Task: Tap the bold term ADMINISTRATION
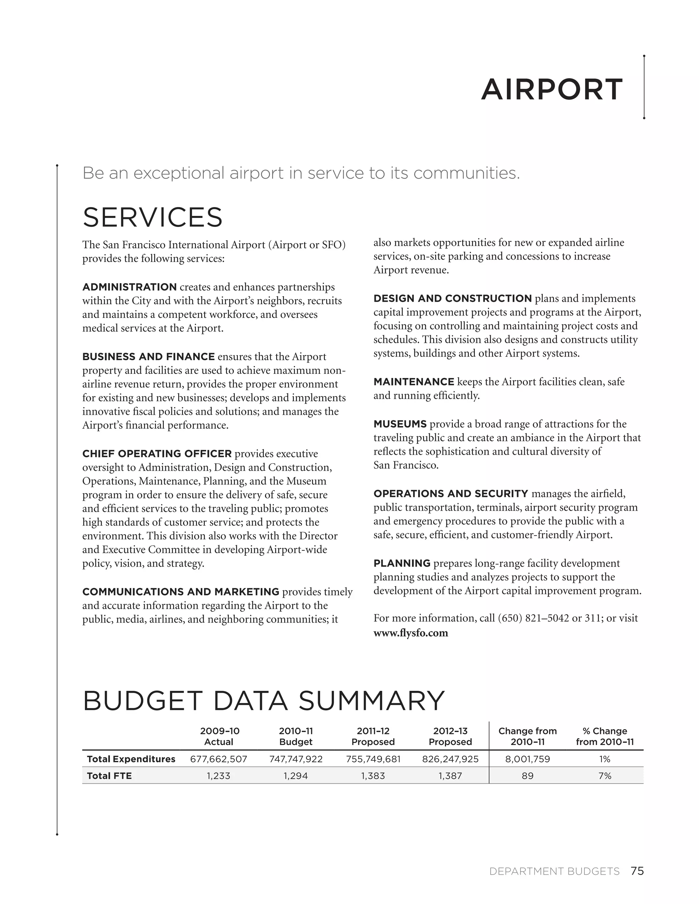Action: point(129,287)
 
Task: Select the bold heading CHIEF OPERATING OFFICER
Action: point(157,454)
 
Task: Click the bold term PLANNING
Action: point(402,563)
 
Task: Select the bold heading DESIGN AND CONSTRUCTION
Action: point(452,298)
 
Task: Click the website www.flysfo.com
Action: point(410,633)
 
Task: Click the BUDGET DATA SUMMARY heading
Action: point(263,701)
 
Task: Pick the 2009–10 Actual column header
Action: point(219,737)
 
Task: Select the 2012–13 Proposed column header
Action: point(450,737)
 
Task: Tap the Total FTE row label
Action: point(109,776)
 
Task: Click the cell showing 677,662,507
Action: point(219,759)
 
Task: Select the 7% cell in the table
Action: point(604,776)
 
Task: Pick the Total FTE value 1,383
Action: point(373,776)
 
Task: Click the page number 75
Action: point(637,871)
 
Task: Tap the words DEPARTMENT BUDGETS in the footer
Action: point(554,872)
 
